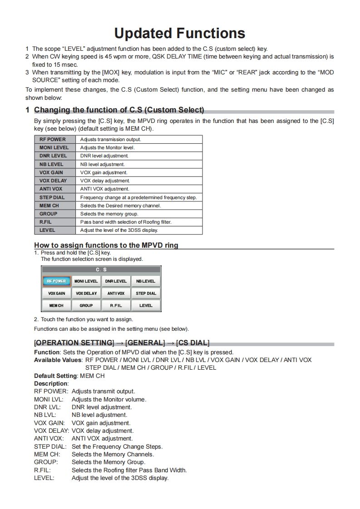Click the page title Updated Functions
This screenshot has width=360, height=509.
[180, 33]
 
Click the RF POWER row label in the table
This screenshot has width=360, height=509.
[52, 139]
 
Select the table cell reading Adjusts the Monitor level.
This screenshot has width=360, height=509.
[108, 147]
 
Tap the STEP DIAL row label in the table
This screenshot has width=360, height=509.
[52, 197]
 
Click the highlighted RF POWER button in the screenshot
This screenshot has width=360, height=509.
[57, 281]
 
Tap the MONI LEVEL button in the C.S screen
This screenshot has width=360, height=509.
[86, 281]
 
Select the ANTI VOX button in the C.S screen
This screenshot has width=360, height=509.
[116, 294]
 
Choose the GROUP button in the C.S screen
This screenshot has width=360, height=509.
[86, 306]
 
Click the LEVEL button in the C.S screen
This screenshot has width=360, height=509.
[146, 306]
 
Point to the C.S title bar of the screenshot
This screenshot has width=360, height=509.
[101, 269]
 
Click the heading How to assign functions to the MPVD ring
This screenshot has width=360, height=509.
[106, 245]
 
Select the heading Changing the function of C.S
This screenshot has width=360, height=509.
[119, 110]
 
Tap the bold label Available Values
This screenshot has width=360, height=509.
[59, 360]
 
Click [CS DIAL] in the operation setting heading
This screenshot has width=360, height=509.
[192, 343]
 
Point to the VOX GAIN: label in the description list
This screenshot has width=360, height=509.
[49, 423]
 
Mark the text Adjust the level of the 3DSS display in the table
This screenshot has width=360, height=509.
[119, 230]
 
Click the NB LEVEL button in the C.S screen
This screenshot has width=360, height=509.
[146, 281]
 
